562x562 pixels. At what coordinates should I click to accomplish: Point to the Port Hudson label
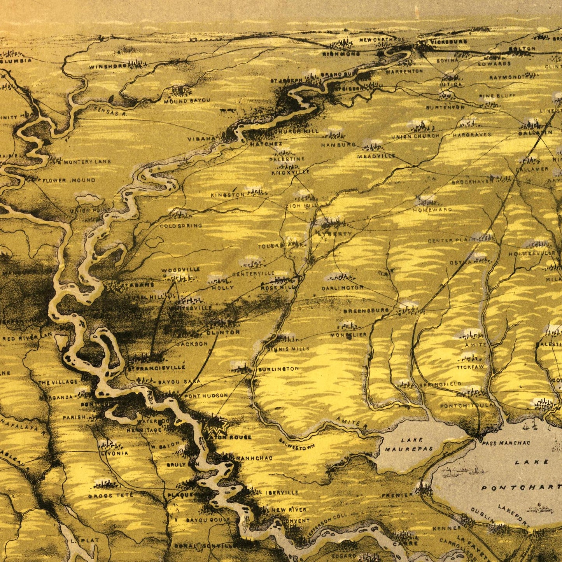click(206, 396)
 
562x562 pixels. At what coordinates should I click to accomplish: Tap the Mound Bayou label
click(187, 100)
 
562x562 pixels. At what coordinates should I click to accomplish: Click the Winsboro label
click(108, 67)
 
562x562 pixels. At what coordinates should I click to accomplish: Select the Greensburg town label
click(366, 311)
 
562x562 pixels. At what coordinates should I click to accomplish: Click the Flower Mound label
click(69, 180)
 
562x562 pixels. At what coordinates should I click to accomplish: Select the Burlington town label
click(278, 369)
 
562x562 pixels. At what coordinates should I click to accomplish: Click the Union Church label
click(415, 136)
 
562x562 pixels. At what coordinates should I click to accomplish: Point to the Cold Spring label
click(181, 226)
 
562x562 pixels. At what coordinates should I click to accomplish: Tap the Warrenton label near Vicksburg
click(404, 72)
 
